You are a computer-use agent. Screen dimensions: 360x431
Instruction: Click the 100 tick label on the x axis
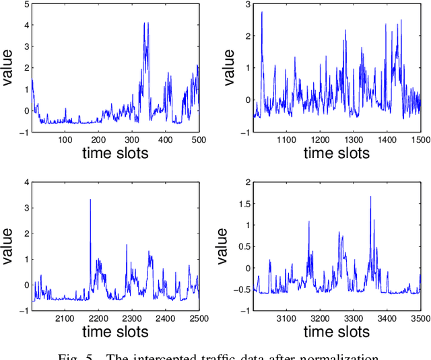click(x=65, y=139)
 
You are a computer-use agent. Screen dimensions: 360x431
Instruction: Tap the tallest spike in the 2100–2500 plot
click(x=90, y=200)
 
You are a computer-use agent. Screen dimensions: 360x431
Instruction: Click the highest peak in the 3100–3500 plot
click(x=370, y=196)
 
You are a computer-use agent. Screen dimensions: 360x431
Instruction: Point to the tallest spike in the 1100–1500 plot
click(x=261, y=12)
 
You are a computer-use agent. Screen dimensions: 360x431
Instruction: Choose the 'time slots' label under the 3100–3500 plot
click(x=336, y=332)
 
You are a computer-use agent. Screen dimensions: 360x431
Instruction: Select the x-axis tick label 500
click(x=198, y=139)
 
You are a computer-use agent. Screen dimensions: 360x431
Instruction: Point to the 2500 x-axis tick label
click(x=198, y=318)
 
